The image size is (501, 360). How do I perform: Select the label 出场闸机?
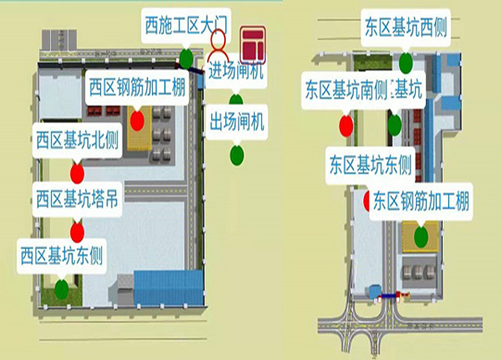(236, 120)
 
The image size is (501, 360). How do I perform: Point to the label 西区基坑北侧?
(78, 142)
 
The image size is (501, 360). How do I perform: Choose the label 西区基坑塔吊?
(78, 200)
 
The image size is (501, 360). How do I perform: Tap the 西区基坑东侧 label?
(61, 253)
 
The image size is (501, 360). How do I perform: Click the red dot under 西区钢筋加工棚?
(137, 119)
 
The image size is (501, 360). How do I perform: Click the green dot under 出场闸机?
(237, 153)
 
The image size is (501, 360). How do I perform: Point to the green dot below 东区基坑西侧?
(407, 63)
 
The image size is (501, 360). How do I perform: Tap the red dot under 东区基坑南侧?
(345, 124)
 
